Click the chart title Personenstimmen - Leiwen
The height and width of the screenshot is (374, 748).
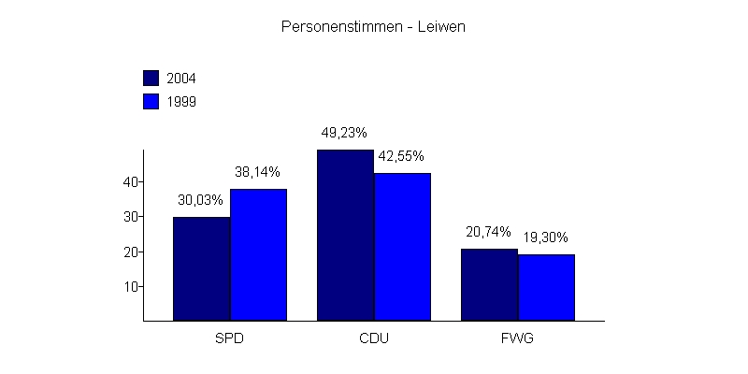[x=373, y=27]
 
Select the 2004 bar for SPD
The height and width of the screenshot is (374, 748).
[x=201, y=269]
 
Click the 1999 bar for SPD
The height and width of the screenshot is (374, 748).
[x=258, y=255]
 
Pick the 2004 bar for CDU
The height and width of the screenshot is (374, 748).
[x=345, y=236]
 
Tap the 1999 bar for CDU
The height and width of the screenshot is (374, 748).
[x=402, y=247]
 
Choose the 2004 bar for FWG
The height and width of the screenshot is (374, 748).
[x=489, y=285]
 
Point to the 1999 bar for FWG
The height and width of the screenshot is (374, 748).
[x=546, y=288]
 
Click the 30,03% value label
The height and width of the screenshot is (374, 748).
[x=201, y=200]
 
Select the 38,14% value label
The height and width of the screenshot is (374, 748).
[x=258, y=172]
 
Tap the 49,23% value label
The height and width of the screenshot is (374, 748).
[x=344, y=133]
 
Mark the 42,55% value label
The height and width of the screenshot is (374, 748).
[x=402, y=156]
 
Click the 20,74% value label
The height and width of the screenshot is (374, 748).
[x=488, y=232]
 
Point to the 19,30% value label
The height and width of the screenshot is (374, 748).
[x=546, y=237]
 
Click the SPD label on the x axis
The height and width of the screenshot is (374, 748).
[x=229, y=338]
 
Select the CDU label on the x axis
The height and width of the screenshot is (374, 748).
[x=373, y=338]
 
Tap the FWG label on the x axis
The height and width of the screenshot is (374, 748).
[x=517, y=338]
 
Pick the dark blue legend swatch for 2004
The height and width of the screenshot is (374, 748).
[x=151, y=78]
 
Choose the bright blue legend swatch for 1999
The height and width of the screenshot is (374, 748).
[x=151, y=101]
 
